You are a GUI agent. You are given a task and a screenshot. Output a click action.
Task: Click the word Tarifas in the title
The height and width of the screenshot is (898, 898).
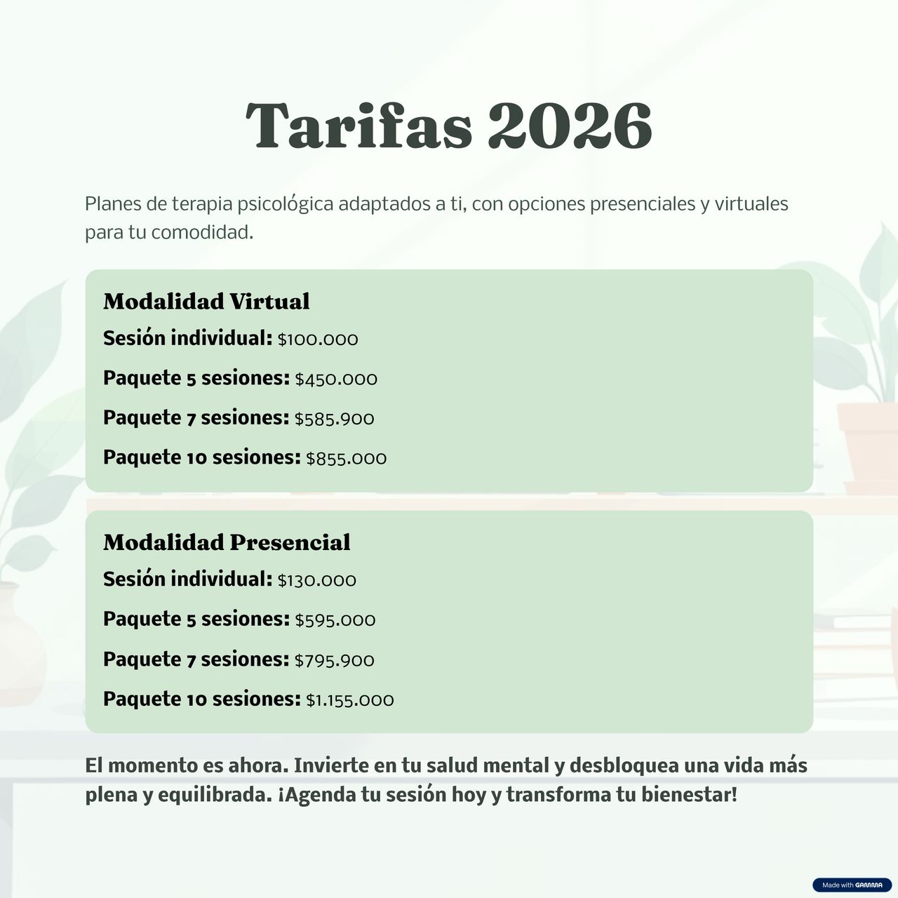358,126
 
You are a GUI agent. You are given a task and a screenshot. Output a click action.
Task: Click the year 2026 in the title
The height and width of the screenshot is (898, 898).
570,126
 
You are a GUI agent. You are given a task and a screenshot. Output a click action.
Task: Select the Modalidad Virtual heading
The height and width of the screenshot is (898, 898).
206,301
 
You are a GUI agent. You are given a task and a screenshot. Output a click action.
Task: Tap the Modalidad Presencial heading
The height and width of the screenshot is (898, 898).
227,542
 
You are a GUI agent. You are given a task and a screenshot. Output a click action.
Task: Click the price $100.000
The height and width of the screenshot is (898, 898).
318,340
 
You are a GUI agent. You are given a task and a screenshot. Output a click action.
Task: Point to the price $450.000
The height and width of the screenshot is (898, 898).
336,380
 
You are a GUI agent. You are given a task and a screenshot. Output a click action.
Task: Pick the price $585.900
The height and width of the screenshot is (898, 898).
334,419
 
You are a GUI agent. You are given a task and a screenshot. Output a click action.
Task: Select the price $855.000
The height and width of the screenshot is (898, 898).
347,459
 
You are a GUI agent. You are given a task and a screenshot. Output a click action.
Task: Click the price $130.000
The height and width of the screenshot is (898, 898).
317,581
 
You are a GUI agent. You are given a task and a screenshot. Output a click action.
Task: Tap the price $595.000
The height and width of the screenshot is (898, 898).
335,620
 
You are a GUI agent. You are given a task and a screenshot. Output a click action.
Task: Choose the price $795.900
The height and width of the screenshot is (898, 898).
334,660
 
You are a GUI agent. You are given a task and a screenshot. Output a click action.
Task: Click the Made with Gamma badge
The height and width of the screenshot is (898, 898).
852,885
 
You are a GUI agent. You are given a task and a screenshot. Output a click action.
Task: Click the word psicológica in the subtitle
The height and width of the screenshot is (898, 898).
286,204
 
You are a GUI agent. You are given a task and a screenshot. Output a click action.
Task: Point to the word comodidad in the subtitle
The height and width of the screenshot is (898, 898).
202,232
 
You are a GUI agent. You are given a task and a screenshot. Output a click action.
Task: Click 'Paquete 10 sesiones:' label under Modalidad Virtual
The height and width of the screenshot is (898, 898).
202,457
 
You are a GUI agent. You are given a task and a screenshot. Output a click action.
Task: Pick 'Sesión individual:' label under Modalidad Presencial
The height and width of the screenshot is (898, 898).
187,579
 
